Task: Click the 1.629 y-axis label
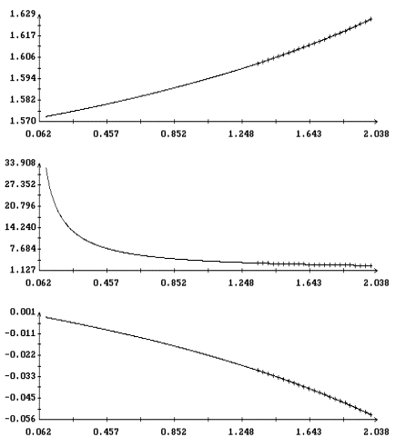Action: coord(23,14)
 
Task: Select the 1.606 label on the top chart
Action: coord(23,56)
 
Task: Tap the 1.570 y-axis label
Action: coord(23,121)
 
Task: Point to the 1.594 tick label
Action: coord(23,78)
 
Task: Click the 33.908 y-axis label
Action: coord(20,163)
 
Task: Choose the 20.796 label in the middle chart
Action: coord(20,206)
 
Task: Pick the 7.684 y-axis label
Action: coord(23,249)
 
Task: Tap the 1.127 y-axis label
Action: coord(23,270)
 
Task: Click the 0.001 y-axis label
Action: coord(23,312)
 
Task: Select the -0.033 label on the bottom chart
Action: coord(20,376)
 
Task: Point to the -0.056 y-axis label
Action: coord(20,419)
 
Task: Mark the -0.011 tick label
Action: coord(20,333)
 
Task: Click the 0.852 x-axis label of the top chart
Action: coord(174,134)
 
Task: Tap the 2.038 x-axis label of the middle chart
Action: coord(376,283)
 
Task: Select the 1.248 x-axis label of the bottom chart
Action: coord(241,432)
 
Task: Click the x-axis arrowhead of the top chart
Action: coord(376,121)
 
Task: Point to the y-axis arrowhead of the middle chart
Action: coord(39,164)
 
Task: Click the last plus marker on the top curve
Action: coord(370,19)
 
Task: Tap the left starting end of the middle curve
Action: coord(46,167)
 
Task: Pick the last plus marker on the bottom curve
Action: coord(370,414)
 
